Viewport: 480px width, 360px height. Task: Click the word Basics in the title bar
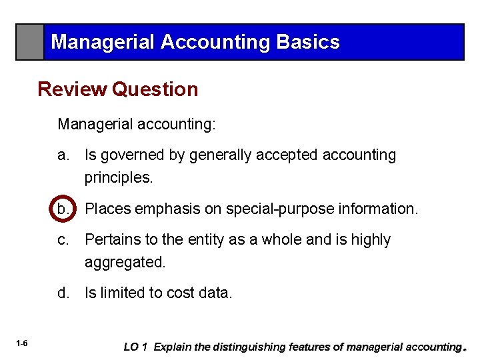click(x=307, y=42)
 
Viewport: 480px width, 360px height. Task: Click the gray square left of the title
click(x=30, y=42)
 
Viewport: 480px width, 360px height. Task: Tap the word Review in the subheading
click(x=73, y=89)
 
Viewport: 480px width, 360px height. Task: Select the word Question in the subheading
click(x=155, y=89)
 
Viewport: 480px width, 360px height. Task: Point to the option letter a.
click(x=63, y=155)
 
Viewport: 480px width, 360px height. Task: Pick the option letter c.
click(x=63, y=239)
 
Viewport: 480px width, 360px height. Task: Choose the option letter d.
click(x=63, y=293)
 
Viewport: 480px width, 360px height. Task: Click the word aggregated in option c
click(x=124, y=263)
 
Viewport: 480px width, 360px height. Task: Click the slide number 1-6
click(x=22, y=343)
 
